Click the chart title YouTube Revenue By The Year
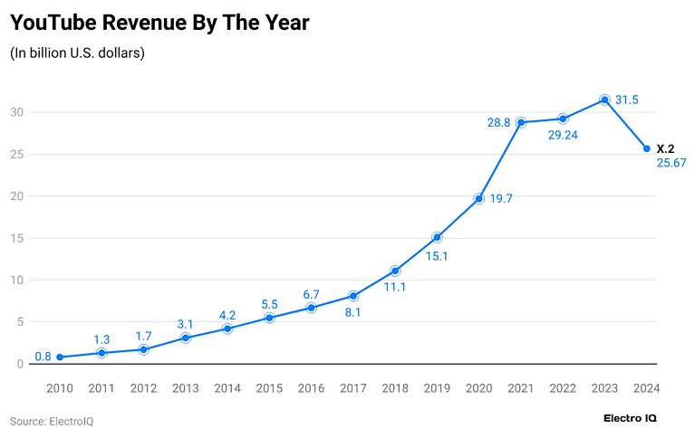point(160,23)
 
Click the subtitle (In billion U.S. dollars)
point(77,52)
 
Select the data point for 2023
point(604,100)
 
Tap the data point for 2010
point(60,357)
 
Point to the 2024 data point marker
point(646,148)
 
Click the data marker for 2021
point(521,122)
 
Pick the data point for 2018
point(395,271)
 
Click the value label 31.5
point(628,100)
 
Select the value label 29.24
point(563,135)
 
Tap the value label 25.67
point(671,163)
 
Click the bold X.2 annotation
point(665,148)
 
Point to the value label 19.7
point(501,198)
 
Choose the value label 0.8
point(43,357)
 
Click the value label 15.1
point(437,256)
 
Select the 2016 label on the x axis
point(311,387)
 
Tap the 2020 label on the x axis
point(478,387)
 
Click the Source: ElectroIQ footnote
point(52,422)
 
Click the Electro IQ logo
point(630,418)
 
